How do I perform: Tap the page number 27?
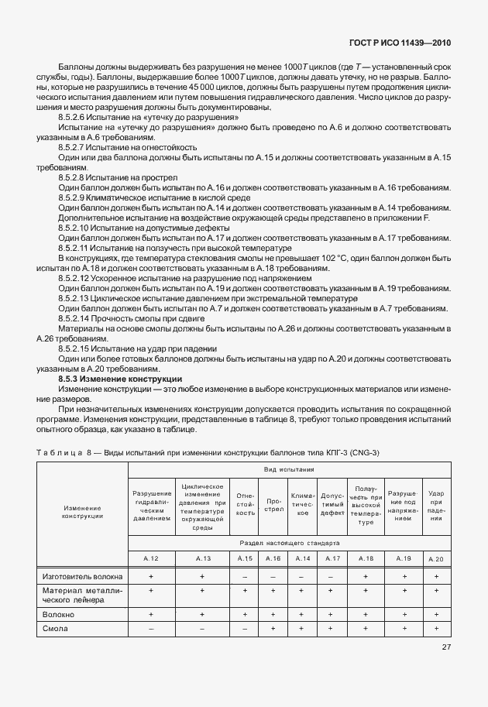click(446, 647)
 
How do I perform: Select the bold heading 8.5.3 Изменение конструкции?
click(120, 379)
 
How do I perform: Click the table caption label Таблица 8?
click(62, 452)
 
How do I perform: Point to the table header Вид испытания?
click(288, 469)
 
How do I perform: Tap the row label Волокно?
click(59, 613)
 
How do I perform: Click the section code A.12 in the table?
click(151, 558)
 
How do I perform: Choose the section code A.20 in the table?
click(435, 558)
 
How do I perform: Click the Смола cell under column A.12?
click(151, 628)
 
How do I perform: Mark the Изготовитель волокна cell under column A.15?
click(245, 576)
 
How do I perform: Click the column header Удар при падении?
click(435, 506)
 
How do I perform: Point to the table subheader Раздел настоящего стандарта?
click(288, 544)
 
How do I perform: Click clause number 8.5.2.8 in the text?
click(75, 177)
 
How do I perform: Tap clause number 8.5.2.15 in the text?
click(77, 348)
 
